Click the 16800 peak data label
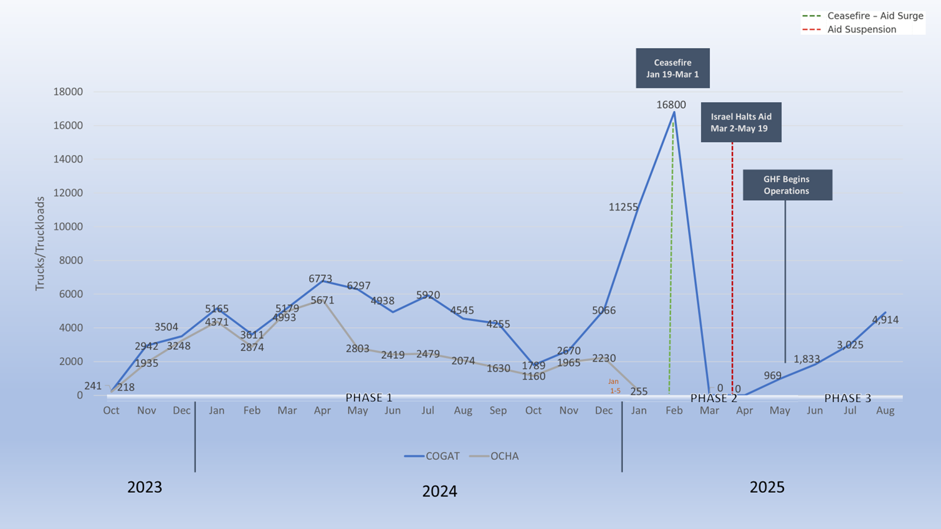[671, 105]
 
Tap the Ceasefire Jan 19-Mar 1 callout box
[672, 68]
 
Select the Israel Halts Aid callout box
[740, 122]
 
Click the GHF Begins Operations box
[786, 185]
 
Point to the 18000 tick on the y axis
[67, 92]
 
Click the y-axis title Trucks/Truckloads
[40, 244]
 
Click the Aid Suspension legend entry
[861, 29]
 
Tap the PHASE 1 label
[369, 398]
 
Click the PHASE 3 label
[848, 398]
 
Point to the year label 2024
[439, 491]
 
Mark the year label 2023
[145, 487]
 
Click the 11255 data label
[623, 207]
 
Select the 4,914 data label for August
[885, 320]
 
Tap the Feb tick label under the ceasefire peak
[674, 410]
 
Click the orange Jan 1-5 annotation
[614, 386]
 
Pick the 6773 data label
[320, 279]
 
